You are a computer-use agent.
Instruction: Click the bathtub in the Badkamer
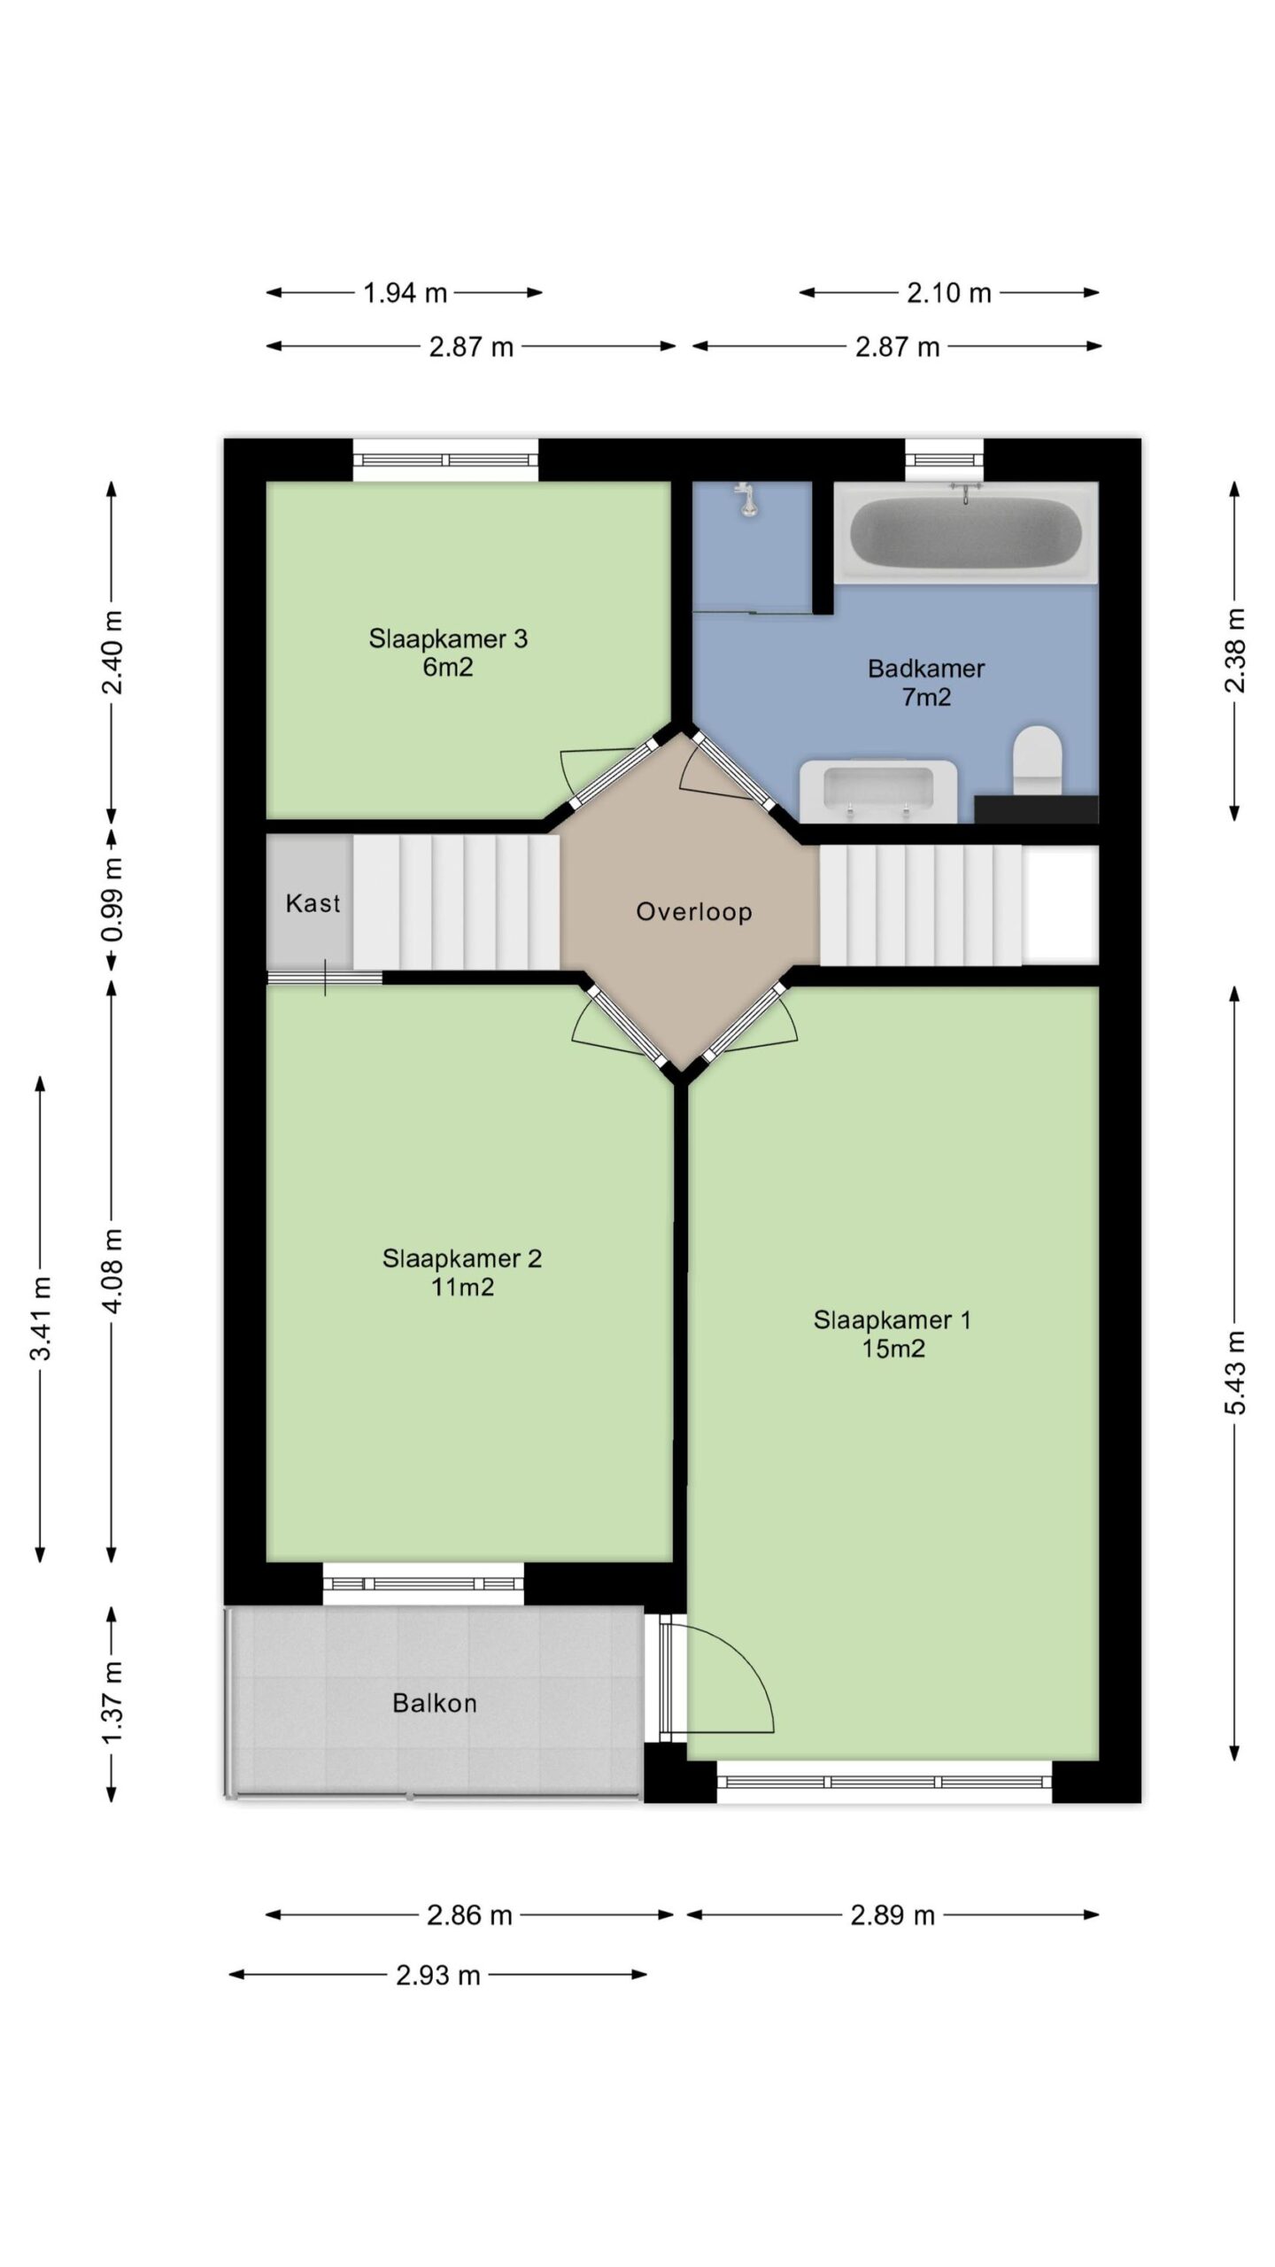pyautogui.click(x=966, y=531)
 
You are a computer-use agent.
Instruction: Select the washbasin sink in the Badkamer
pyautogui.click(x=878, y=791)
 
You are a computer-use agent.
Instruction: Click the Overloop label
pyautogui.click(x=694, y=911)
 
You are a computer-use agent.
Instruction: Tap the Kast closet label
pyautogui.click(x=313, y=903)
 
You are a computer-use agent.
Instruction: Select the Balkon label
pyautogui.click(x=434, y=1703)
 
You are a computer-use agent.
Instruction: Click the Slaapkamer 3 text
pyautogui.click(x=448, y=638)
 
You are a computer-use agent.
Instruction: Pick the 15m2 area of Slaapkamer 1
pyautogui.click(x=892, y=1349)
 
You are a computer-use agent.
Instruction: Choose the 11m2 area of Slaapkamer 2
pyautogui.click(x=462, y=1287)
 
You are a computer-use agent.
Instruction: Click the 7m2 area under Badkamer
pyautogui.click(x=926, y=698)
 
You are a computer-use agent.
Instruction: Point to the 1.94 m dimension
pyautogui.click(x=405, y=293)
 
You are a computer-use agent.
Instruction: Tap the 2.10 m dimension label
pyautogui.click(x=948, y=293)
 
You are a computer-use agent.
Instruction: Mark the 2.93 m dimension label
pyautogui.click(x=437, y=1976)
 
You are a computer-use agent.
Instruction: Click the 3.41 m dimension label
pyautogui.click(x=41, y=1318)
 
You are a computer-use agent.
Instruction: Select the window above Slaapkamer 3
pyautogui.click(x=445, y=460)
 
